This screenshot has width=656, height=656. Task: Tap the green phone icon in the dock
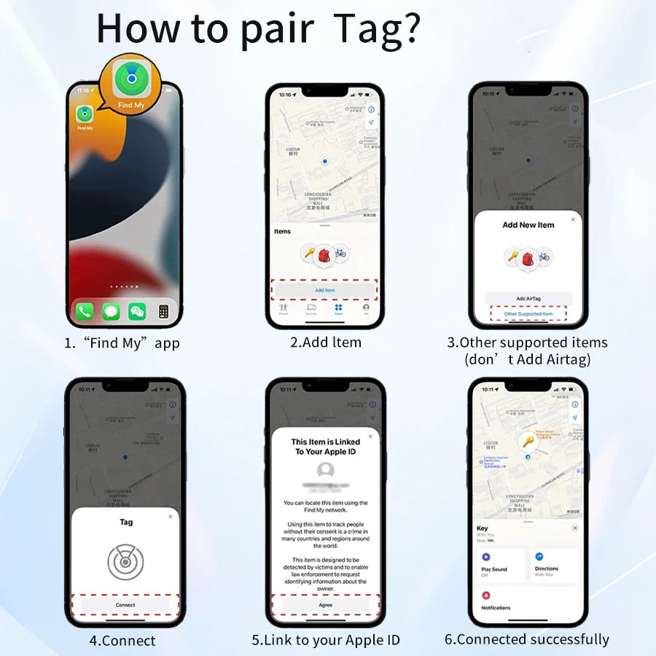click(85, 312)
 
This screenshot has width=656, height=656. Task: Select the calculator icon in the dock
click(164, 312)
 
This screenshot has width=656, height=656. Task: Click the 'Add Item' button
click(324, 290)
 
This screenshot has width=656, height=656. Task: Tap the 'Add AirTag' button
click(528, 299)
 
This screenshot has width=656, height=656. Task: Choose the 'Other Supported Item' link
click(528, 314)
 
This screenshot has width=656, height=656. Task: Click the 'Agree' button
click(325, 605)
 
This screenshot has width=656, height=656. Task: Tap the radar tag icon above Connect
click(125, 562)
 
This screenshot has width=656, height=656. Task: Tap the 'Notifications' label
click(496, 607)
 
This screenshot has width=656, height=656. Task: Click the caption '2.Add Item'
click(325, 342)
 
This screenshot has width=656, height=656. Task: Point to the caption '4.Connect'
click(122, 641)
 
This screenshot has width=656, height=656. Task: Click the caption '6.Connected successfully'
click(527, 639)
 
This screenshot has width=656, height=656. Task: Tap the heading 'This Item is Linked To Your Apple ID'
click(325, 446)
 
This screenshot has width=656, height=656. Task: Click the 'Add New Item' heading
click(528, 225)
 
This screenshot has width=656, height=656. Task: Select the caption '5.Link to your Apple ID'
click(326, 640)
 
